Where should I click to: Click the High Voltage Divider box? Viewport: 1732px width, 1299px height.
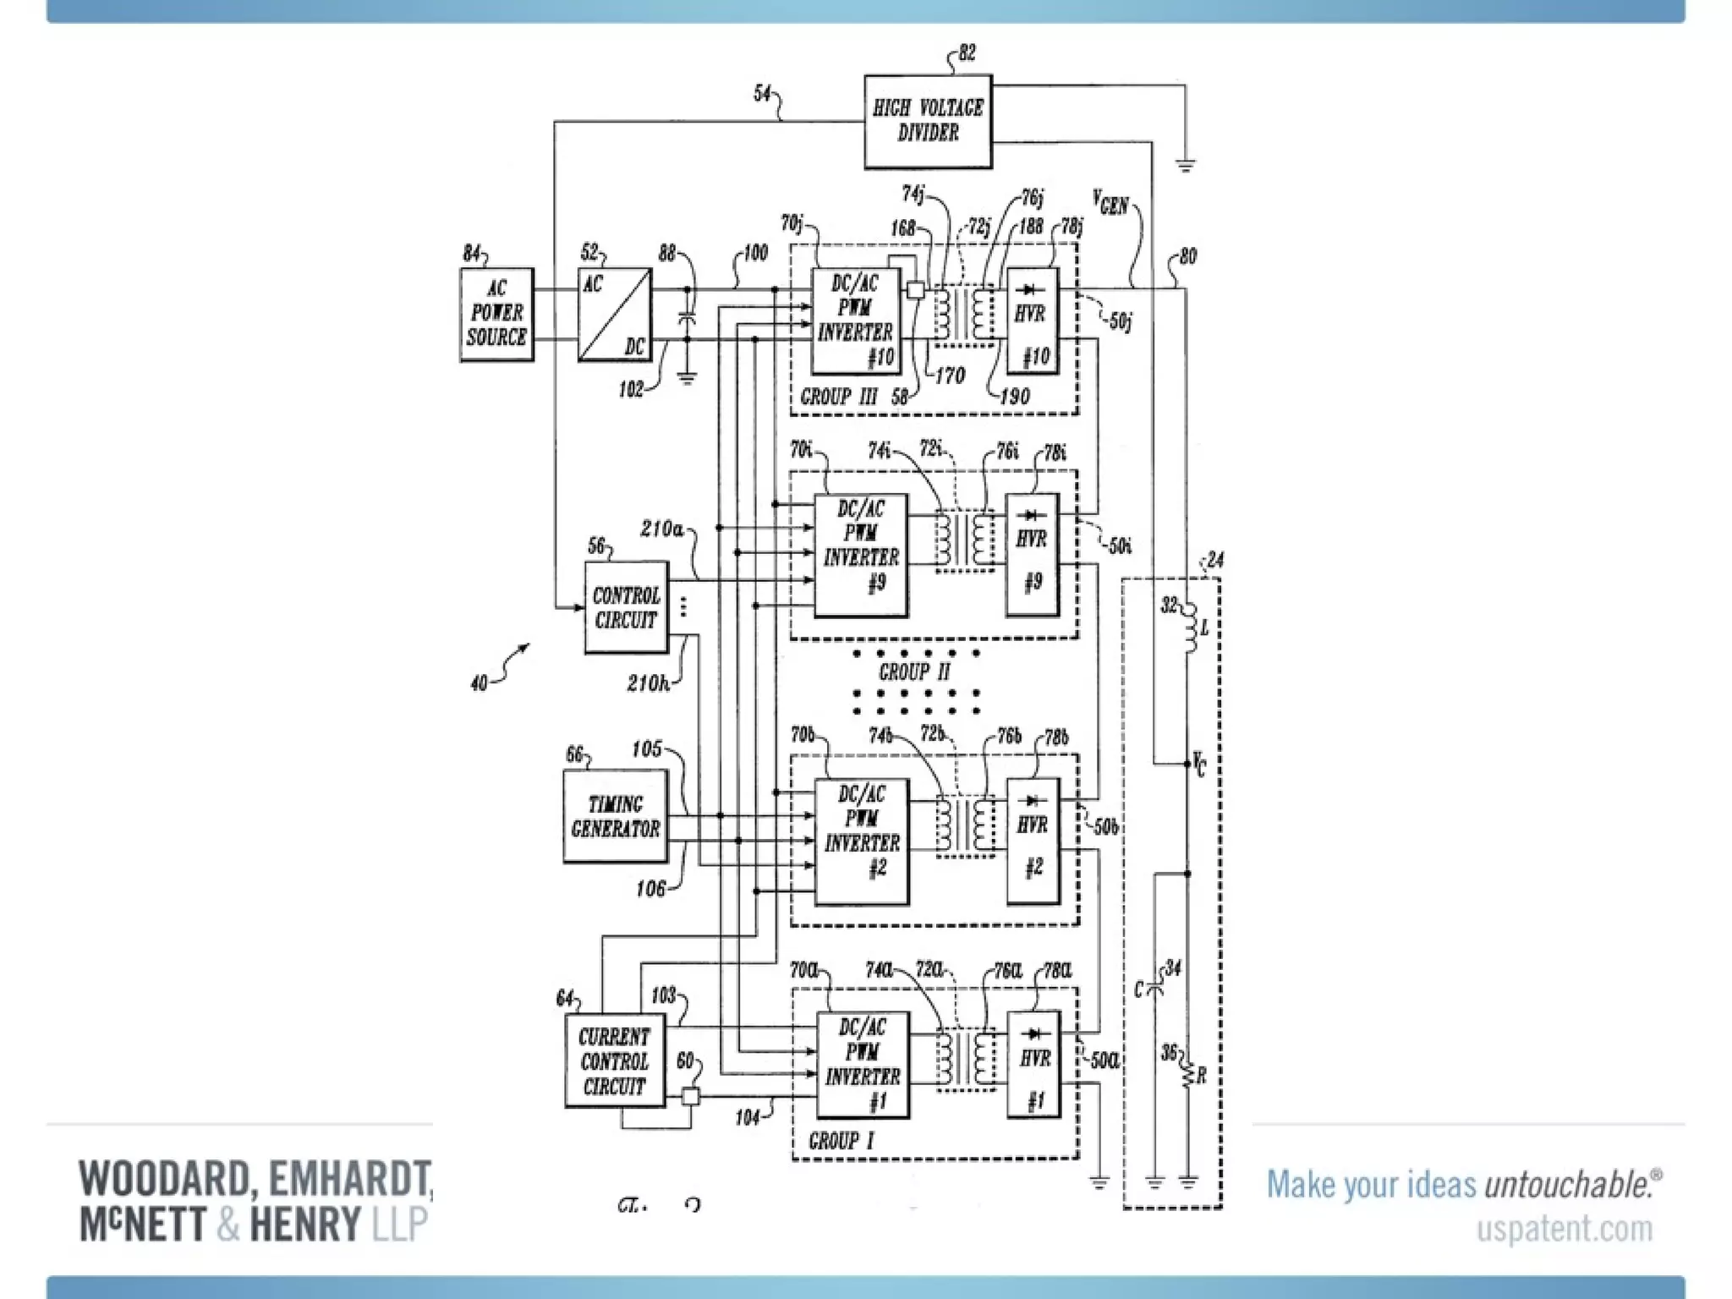(928, 121)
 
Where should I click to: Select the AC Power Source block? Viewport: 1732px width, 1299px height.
(496, 315)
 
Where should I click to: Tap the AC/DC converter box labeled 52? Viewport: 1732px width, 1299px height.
(615, 315)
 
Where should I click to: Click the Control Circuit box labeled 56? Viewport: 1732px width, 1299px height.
(626, 607)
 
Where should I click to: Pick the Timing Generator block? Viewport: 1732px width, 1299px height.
(615, 816)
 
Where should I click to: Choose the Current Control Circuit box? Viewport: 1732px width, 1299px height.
(615, 1061)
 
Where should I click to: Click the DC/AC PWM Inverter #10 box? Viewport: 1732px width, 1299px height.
(854, 321)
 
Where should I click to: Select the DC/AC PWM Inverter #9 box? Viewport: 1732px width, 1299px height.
(861, 555)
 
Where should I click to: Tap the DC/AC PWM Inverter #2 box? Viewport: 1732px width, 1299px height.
(862, 841)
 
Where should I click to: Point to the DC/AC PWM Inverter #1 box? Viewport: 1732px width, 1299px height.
(863, 1065)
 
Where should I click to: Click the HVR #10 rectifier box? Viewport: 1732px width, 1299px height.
(1032, 321)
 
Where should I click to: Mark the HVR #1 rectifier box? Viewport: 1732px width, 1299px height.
(1033, 1065)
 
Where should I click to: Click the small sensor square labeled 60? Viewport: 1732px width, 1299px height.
(690, 1097)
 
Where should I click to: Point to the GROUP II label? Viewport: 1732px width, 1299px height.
(914, 672)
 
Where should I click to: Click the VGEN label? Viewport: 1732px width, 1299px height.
(1110, 204)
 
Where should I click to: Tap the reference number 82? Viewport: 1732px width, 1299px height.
(967, 53)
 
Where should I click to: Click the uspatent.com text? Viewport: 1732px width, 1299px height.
(1564, 1229)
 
